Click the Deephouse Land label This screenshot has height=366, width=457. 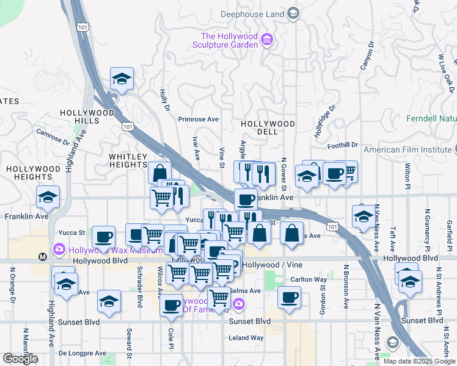point(255,13)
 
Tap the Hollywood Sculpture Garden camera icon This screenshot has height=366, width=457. point(267,40)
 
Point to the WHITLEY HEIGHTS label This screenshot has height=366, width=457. point(128,161)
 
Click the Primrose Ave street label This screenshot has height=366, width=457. point(198,119)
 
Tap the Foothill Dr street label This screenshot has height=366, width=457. point(342,145)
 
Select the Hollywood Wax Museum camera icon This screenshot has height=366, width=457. point(59,249)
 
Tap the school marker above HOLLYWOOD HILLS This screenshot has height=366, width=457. point(122,78)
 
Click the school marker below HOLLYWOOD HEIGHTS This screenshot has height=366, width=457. point(48,196)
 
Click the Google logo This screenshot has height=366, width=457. point(20,358)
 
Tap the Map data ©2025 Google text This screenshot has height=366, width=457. point(419,361)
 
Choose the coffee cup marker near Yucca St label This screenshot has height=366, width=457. point(103,236)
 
